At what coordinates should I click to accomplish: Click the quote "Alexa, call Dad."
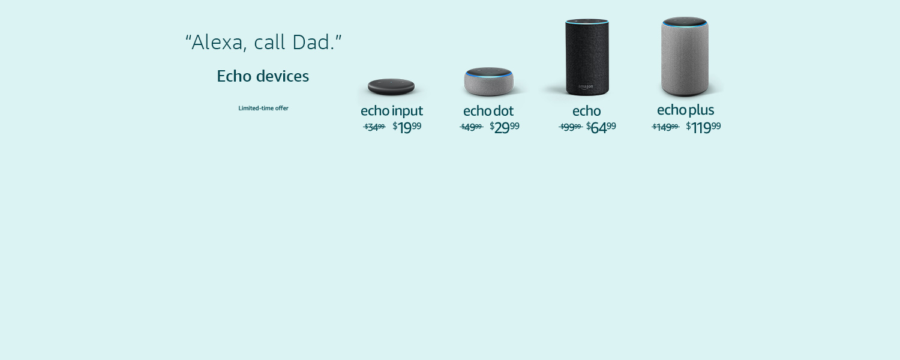pos(263,42)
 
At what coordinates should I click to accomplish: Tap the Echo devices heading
pos(263,76)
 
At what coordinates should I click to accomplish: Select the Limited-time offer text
pos(263,108)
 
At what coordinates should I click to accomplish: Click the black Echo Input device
pos(391,87)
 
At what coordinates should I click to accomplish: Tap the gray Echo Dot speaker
pos(489,82)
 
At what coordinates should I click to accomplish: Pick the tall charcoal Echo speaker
pos(587,57)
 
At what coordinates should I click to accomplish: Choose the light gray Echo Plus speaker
pos(685,57)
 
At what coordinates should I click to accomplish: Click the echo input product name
pos(391,111)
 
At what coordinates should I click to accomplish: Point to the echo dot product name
pos(488,111)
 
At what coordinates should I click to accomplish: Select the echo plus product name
pos(685,110)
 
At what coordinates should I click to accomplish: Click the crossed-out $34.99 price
pos(374,127)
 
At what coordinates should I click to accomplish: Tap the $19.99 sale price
pos(407,127)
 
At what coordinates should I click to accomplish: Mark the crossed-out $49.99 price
pos(472,127)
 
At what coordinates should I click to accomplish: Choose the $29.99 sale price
pos(505,127)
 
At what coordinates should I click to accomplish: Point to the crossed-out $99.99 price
pos(570,127)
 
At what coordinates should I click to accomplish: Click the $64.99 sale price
pos(601,127)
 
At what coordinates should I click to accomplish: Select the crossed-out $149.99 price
pos(665,127)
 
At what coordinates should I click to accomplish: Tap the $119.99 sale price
pos(703,127)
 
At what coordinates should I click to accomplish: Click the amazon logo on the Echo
pos(586,86)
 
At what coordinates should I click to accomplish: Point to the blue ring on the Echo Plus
pos(685,26)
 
